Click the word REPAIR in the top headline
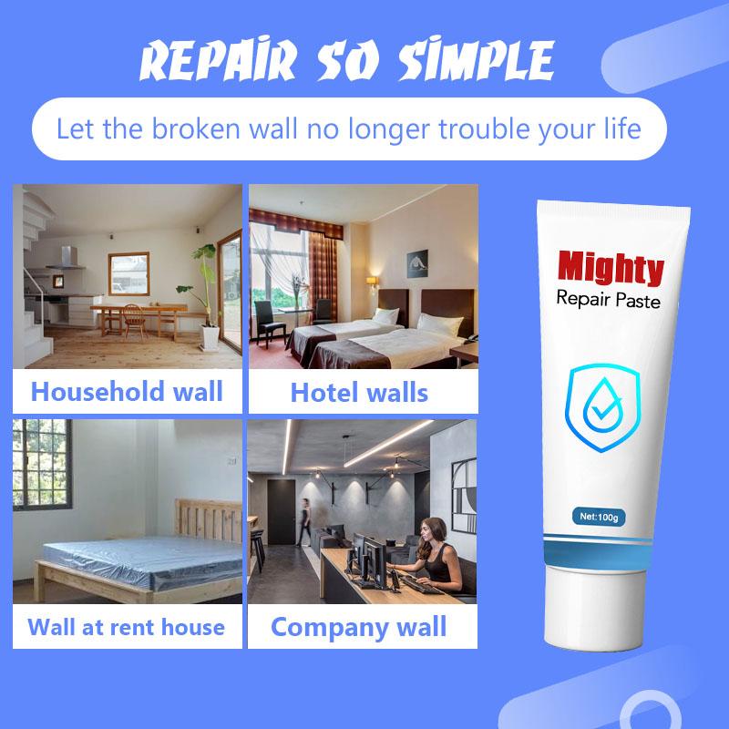[218, 59]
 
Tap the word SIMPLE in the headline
[477, 59]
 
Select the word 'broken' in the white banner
[196, 128]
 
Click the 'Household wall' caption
[127, 391]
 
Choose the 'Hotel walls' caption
[359, 393]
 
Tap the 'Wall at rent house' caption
[126, 627]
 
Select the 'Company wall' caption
[358, 627]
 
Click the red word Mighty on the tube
[611, 268]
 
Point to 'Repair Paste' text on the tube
[608, 299]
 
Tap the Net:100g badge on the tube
[599, 517]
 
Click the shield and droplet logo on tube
[602, 407]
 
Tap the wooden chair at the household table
[134, 321]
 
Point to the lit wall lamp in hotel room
[372, 282]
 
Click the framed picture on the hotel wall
[417, 263]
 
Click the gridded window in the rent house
[42, 464]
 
